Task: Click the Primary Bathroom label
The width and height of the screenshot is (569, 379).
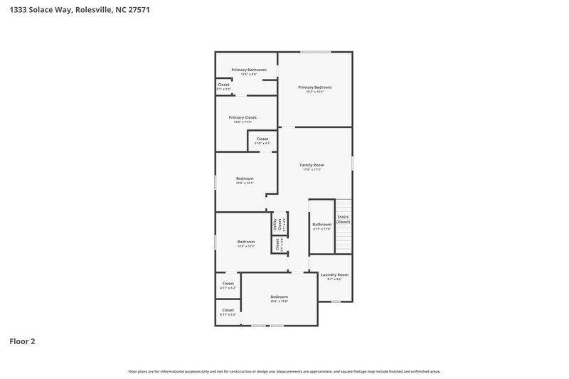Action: (x=249, y=70)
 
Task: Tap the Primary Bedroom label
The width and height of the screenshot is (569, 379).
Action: (x=314, y=87)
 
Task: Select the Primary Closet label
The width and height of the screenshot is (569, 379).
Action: (x=243, y=117)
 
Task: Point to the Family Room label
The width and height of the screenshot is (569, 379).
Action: (x=312, y=165)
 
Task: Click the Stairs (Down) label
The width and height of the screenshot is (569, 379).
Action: (x=343, y=219)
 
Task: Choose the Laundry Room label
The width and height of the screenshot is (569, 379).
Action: (x=334, y=274)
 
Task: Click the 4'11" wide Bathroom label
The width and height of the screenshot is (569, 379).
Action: (x=322, y=225)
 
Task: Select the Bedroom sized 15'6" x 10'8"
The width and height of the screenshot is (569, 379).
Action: (x=279, y=297)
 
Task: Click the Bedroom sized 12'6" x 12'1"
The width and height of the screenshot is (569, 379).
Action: (x=245, y=178)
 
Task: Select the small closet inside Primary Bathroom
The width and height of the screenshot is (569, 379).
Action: (x=223, y=85)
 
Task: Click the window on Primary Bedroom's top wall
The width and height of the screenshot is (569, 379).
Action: (x=315, y=52)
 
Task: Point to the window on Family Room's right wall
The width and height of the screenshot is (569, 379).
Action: (x=352, y=163)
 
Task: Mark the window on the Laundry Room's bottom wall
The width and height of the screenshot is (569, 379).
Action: (x=336, y=301)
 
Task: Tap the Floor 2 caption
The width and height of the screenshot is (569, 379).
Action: (x=22, y=341)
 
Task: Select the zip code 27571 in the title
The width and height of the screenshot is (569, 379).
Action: (x=137, y=11)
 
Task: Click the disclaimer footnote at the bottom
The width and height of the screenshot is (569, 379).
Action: (x=284, y=371)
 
